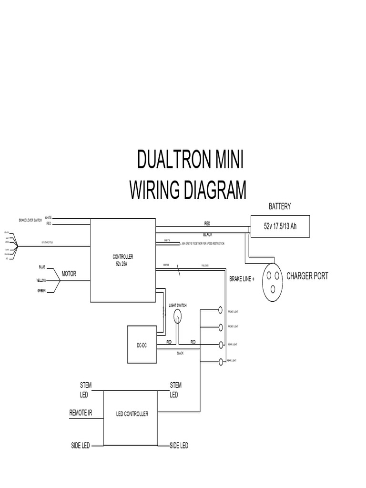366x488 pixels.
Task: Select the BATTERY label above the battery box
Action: point(280,206)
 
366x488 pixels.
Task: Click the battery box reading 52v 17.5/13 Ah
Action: point(280,226)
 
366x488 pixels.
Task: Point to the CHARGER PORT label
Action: point(307,276)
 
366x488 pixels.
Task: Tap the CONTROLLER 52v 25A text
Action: point(123,260)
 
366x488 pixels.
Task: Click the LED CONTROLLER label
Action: point(132,414)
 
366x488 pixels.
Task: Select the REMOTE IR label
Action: point(81,413)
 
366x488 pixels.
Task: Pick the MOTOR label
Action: point(69,274)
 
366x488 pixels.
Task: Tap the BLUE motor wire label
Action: point(42,266)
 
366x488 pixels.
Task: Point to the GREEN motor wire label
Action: point(41,291)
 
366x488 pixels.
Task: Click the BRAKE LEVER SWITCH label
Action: point(30,221)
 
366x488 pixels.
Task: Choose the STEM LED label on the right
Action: point(175,390)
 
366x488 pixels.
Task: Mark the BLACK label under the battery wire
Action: point(207,235)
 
